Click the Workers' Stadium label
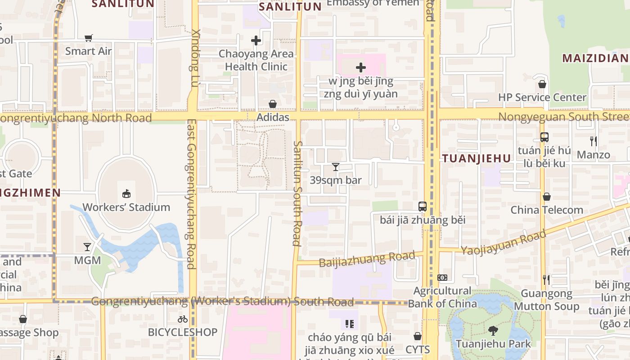pos(126,207)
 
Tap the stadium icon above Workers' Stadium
pos(126,194)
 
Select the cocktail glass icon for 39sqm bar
pos(336,167)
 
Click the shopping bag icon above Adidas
pos(273,104)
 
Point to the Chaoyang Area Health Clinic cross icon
pos(256,40)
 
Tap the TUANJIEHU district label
pos(477,158)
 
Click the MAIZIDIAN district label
pos(595,58)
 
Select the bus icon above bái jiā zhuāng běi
pos(422,207)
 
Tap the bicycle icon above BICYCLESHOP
pos(183,319)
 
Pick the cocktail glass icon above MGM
pos(87,247)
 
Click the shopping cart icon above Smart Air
pos(89,38)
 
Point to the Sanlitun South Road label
pos(297,193)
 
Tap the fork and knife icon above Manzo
pos(594,141)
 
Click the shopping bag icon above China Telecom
pos(547,197)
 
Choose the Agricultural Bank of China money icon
pos(442,278)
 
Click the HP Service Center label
pos(542,97)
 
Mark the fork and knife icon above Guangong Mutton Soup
pos(546,280)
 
